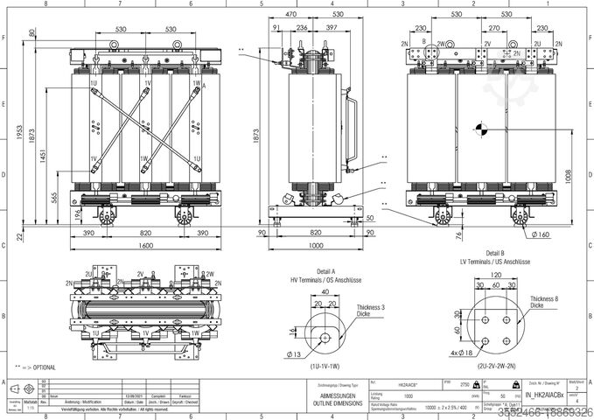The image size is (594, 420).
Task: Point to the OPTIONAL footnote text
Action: point(37,367)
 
